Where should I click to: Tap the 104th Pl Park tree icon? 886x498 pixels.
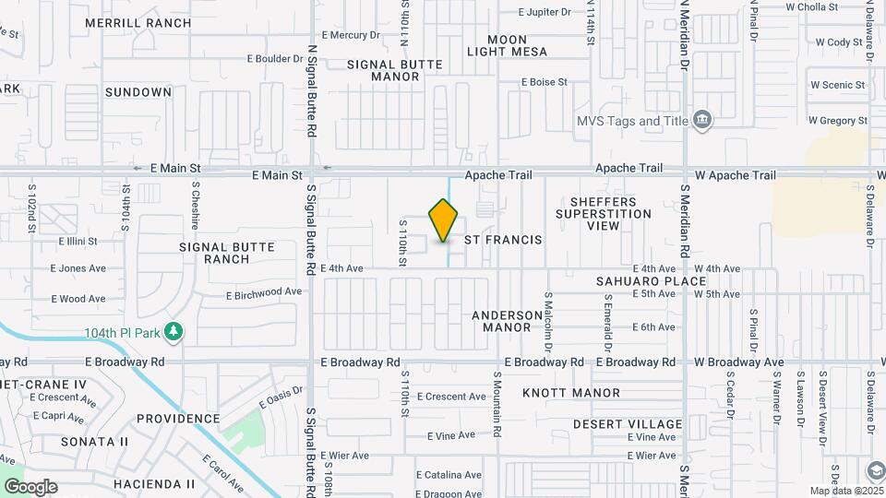pos(173,331)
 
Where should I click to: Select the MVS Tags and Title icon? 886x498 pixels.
pos(702,121)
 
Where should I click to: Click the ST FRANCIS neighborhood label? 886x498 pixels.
pos(502,240)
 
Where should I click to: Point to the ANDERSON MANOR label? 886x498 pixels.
pos(508,321)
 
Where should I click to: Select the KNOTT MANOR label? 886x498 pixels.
pos(571,393)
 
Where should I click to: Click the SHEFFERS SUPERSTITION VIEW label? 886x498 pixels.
pos(604,213)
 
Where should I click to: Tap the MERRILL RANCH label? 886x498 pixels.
pos(150,22)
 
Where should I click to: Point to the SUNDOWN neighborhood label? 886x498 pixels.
pos(138,92)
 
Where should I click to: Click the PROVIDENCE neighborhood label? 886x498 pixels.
pos(178,419)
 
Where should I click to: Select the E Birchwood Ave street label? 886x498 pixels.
pos(264,293)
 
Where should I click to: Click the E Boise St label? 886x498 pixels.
pos(544,82)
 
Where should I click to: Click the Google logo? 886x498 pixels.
pos(30,487)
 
